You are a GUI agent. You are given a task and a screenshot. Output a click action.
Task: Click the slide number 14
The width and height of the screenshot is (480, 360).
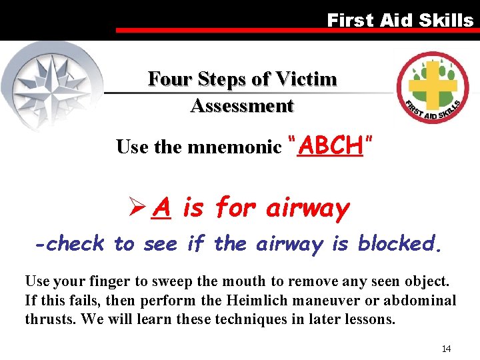coord(446,349)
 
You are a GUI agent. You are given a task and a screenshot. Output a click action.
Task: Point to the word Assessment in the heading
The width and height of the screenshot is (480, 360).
coord(242,105)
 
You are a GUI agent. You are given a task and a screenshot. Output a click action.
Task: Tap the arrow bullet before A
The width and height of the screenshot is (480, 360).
coord(137,209)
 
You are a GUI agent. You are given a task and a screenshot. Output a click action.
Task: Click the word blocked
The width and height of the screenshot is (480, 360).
coord(399,244)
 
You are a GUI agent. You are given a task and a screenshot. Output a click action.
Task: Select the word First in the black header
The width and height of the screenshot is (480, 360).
coord(349,20)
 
